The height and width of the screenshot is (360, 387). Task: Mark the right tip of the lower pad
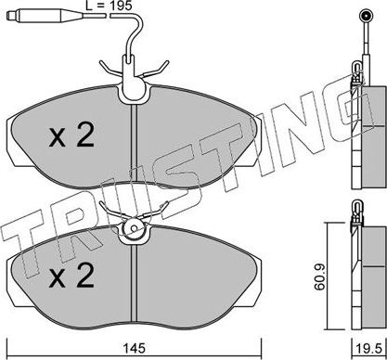click(x=263, y=278)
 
